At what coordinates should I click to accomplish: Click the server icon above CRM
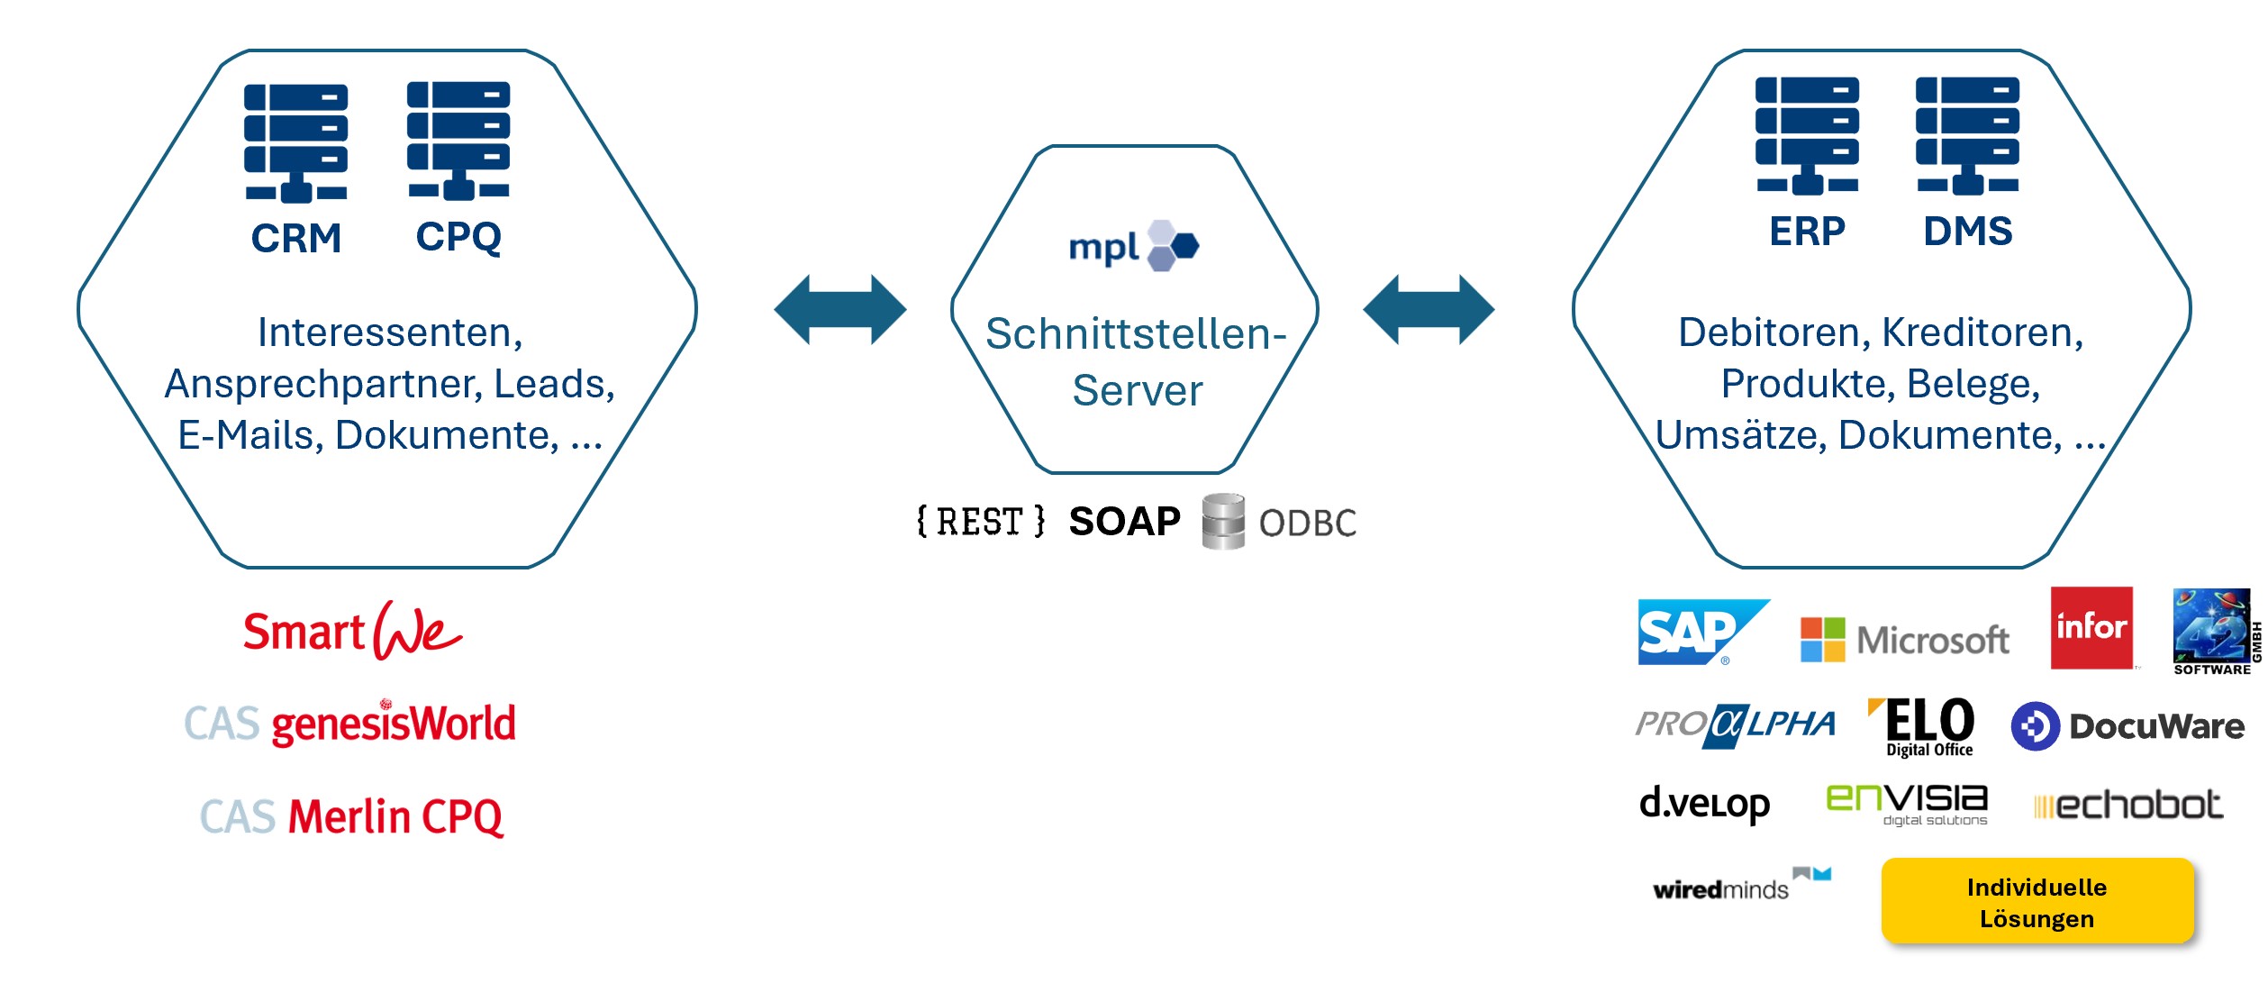click(x=295, y=143)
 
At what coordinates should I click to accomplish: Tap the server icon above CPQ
click(x=458, y=141)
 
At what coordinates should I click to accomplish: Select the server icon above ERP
click(x=1806, y=136)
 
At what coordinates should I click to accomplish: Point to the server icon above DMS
click(x=1967, y=136)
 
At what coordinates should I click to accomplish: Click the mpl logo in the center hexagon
click(x=1133, y=246)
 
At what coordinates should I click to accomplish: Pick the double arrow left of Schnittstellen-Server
click(x=839, y=310)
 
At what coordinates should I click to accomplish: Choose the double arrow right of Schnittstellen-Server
click(x=1429, y=310)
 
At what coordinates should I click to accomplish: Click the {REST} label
click(x=981, y=522)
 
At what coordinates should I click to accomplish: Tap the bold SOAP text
click(x=1124, y=522)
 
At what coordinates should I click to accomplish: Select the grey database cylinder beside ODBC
click(x=1223, y=522)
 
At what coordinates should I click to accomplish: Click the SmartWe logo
click(x=352, y=631)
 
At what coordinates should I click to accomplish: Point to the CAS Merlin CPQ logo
click(x=351, y=816)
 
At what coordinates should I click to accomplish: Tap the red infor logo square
click(x=2091, y=628)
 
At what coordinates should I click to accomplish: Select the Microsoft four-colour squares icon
click(x=1822, y=640)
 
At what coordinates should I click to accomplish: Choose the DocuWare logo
click(x=2127, y=726)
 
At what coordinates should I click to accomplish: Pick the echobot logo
click(x=2127, y=805)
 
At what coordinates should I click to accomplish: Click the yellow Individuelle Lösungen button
click(x=2037, y=902)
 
